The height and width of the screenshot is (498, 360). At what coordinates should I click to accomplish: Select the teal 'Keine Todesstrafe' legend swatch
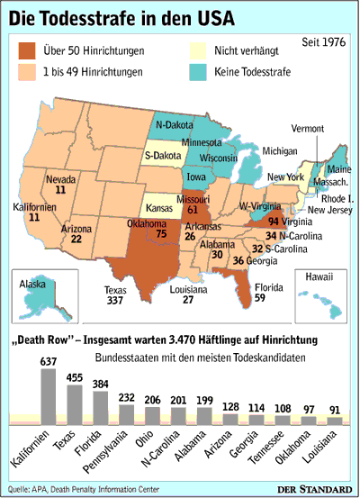point(202,72)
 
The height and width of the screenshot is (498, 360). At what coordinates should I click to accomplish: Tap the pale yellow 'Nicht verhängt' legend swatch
point(202,52)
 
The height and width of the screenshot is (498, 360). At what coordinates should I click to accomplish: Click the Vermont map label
point(316,129)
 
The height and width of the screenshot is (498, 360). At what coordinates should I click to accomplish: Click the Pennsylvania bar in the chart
point(127,413)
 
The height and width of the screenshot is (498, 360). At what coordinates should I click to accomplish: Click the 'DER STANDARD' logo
point(316,488)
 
